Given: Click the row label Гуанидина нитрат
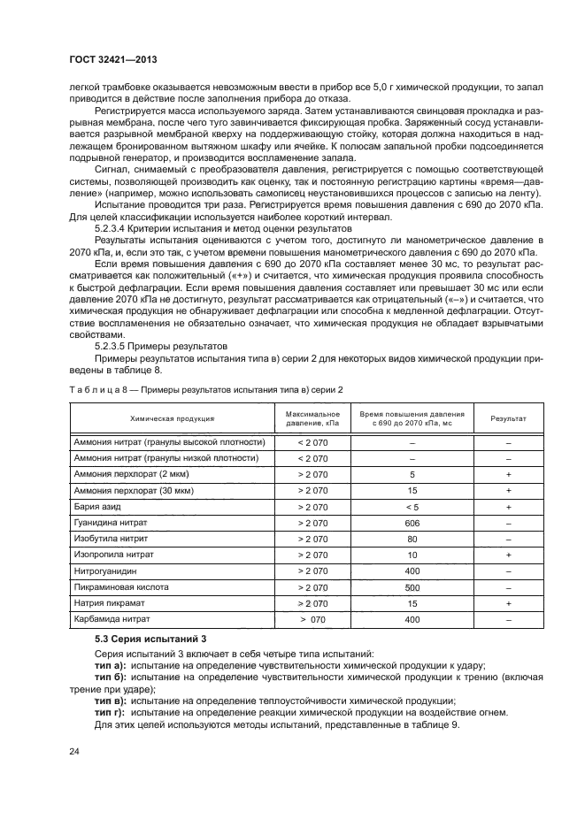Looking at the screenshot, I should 113,523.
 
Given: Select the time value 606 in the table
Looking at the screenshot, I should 412,523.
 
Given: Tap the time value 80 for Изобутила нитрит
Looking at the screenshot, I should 412,539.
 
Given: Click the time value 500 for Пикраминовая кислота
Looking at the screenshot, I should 412,587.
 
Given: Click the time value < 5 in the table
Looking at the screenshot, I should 412,507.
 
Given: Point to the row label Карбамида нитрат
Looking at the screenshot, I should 116,619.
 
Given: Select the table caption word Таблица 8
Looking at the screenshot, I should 95,390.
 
